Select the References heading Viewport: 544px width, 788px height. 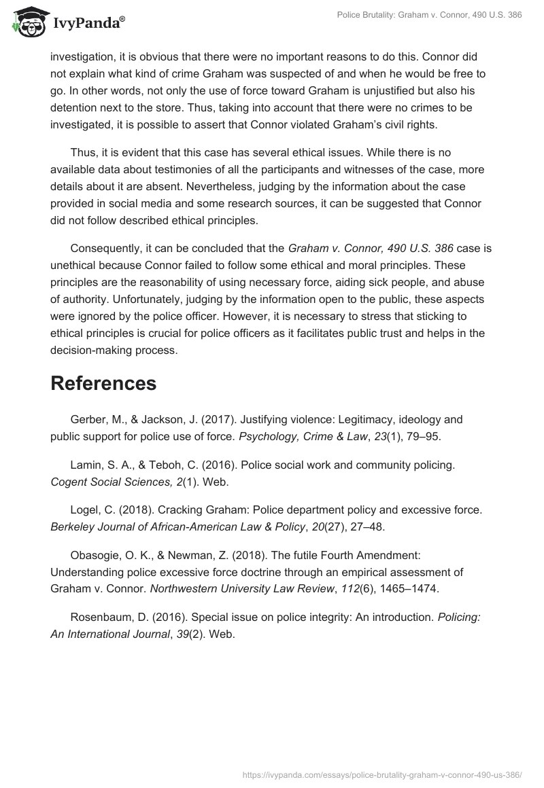point(103,383)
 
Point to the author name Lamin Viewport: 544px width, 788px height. point(86,465)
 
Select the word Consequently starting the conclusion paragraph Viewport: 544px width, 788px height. point(109,249)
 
